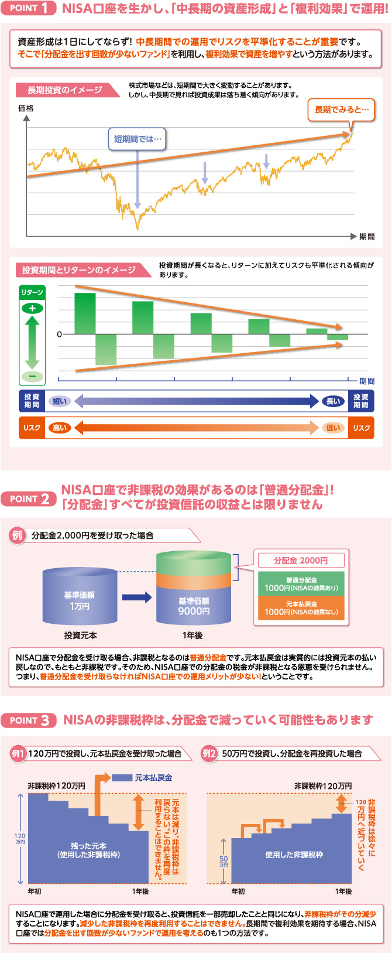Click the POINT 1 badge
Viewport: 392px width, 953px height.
tap(29, 8)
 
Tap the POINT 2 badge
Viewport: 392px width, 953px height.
tap(29, 499)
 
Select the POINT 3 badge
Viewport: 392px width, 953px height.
tap(29, 720)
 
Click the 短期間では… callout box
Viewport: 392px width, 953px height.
tap(137, 139)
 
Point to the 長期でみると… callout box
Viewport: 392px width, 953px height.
tap(341, 110)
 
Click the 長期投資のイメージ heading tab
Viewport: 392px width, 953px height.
tap(64, 90)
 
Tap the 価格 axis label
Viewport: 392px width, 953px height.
tap(26, 108)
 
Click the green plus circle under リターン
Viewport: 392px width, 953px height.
tap(32, 308)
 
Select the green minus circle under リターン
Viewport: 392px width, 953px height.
tap(32, 376)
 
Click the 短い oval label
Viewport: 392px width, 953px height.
tap(60, 401)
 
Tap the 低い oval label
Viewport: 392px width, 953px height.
tap(333, 428)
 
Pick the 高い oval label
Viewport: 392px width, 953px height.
tap(60, 428)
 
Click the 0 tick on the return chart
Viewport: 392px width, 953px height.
tap(59, 334)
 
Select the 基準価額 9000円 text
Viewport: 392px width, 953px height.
tap(194, 606)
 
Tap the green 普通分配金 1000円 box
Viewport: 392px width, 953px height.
tap(301, 584)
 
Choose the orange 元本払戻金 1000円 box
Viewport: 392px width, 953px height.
tap(301, 608)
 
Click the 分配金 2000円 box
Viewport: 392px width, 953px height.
tap(301, 561)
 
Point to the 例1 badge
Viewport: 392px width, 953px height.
tap(18, 753)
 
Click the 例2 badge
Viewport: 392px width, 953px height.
tap(209, 753)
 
